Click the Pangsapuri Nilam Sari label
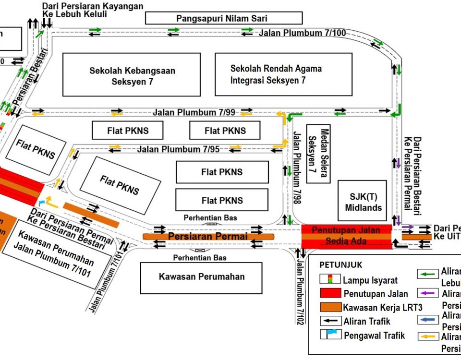click(224, 18)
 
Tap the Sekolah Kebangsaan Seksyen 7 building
click(132, 75)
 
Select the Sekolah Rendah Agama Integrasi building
click(276, 74)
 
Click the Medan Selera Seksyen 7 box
click(318, 154)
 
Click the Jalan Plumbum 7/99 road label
click(194, 112)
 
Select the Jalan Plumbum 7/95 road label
click(178, 149)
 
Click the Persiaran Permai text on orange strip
click(208, 236)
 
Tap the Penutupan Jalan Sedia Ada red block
click(346, 236)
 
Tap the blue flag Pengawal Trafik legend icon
click(330, 335)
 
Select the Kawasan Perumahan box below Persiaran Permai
click(201, 276)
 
